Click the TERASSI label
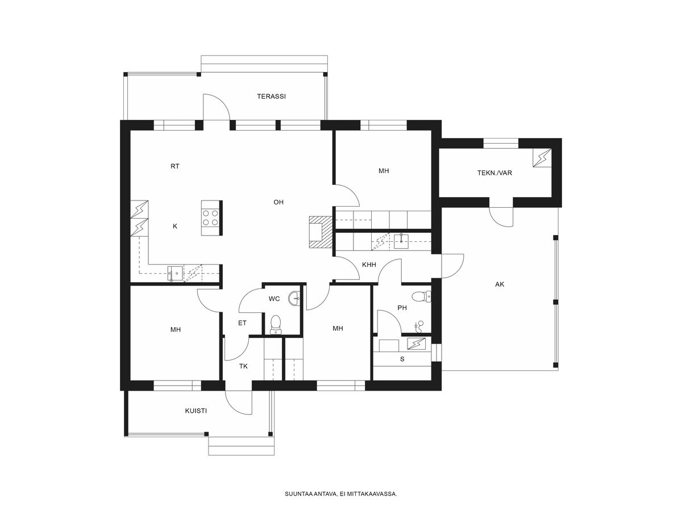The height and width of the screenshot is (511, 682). tap(271, 97)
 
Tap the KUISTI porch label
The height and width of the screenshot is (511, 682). tap(196, 411)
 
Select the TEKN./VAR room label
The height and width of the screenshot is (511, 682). tap(494, 173)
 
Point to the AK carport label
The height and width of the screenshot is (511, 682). tap(500, 284)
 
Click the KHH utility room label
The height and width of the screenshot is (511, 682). tap(369, 265)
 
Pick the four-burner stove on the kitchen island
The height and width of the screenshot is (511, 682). tap(210, 218)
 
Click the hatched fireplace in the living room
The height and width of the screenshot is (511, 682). tap(321, 232)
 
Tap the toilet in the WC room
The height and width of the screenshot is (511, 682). tap(275, 325)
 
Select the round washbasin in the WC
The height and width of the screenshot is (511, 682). tap(294, 299)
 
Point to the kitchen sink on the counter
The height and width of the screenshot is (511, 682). tap(174, 273)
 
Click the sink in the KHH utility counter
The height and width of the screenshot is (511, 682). tap(401, 241)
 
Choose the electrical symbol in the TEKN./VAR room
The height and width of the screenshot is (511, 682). tap(542, 158)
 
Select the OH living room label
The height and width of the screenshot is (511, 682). tap(278, 202)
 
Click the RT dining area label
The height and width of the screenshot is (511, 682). tap(175, 166)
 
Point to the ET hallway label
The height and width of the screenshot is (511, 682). tap(242, 323)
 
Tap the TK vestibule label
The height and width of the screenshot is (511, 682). tap(244, 366)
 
